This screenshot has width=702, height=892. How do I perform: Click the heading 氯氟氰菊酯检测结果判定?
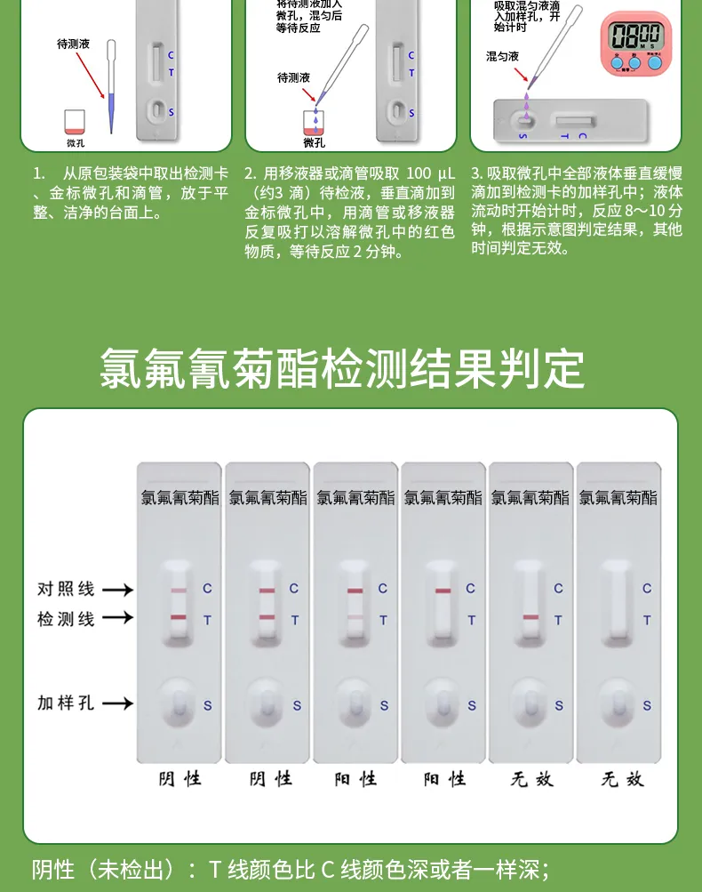point(342,368)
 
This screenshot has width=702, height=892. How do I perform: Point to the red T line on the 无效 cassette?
point(531,617)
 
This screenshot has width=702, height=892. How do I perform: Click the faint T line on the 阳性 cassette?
point(355,617)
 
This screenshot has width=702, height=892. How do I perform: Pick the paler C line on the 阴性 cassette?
point(179,591)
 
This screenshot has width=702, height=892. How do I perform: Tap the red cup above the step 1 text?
point(76,121)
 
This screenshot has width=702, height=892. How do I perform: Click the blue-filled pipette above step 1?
point(110,89)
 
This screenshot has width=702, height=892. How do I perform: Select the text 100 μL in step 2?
point(430,173)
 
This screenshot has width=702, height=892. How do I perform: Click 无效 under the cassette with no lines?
point(620,779)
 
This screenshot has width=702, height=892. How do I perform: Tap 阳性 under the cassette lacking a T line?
point(444,779)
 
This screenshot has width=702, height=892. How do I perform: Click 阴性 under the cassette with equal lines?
point(270,779)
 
